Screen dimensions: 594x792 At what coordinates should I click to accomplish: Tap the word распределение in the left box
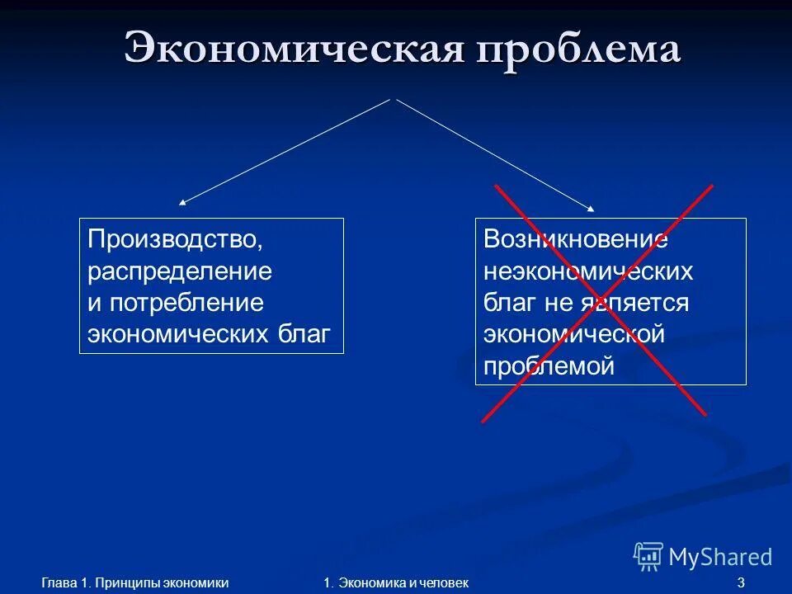[180, 271]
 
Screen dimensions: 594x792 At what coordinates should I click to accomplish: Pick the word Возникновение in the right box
[576, 240]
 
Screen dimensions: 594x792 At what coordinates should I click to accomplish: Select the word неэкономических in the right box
[588, 271]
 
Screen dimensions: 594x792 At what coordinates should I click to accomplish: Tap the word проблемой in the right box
[549, 365]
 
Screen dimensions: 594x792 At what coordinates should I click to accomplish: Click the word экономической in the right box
[574, 334]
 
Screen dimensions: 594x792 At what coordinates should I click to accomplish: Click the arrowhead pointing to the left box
[183, 201]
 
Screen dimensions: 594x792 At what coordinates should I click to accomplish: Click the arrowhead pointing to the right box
[590, 208]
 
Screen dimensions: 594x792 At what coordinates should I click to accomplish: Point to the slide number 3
[741, 583]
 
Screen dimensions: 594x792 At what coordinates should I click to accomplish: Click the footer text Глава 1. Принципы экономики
[134, 583]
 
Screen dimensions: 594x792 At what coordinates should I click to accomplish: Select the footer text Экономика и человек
[403, 583]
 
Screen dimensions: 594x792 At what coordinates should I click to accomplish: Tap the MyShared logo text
[720, 557]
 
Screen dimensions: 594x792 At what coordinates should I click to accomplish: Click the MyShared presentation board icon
[648, 557]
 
